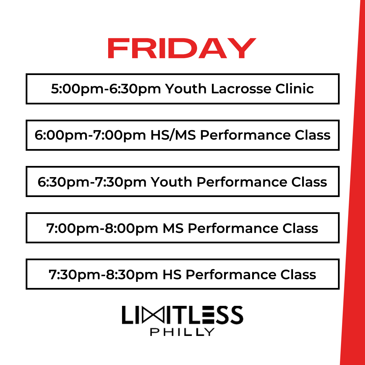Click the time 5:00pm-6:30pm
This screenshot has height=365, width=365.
[105, 89]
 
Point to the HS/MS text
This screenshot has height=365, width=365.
[172, 135]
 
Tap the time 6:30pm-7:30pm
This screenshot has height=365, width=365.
[92, 182]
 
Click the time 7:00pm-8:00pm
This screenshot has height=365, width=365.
[102, 228]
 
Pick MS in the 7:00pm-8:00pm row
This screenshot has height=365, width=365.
[173, 228]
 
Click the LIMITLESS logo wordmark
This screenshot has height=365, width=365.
[182, 315]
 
